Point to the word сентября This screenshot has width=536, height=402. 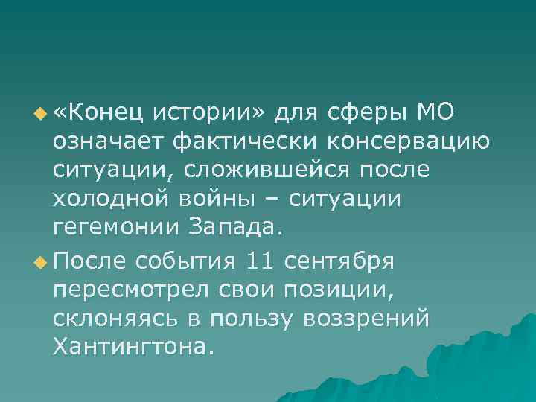(x=345, y=261)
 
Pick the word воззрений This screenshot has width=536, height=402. (x=366, y=319)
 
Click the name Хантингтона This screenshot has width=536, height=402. (x=133, y=348)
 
